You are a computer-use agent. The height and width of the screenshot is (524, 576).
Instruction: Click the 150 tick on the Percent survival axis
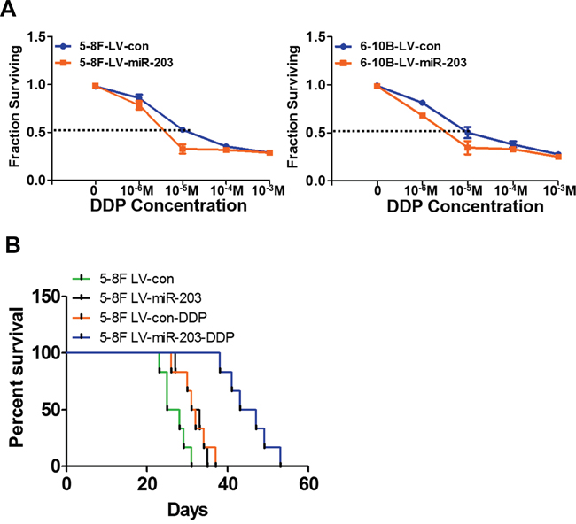46,295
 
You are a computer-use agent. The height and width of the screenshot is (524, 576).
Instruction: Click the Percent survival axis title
16,381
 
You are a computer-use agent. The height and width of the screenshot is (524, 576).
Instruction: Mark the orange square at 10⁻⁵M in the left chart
182,149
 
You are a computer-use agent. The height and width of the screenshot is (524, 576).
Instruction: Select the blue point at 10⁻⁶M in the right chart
422,103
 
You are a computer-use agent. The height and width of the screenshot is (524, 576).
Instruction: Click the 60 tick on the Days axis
307,484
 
